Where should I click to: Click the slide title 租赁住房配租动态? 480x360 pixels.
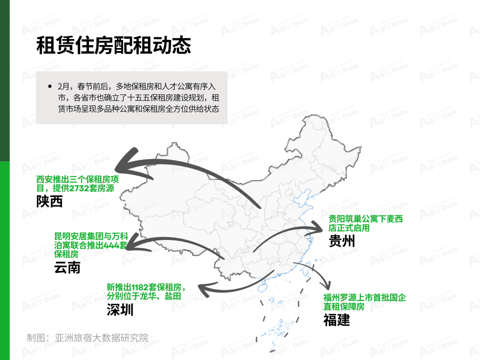tap(114, 45)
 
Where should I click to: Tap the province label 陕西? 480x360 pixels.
tap(49, 201)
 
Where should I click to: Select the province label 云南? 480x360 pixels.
tap(68, 267)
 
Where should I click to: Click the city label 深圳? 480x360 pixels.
tap(120, 309)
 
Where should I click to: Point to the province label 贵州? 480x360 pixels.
tap(342, 240)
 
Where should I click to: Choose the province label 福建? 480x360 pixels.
tap(336, 320)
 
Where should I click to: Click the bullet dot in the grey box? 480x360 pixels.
tap(50, 87)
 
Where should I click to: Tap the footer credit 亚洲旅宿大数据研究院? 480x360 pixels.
tap(102, 338)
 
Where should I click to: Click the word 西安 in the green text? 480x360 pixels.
tap(44, 179)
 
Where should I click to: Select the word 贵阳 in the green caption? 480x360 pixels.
tap(337, 219)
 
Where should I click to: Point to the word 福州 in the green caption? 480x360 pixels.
tap(332, 297)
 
